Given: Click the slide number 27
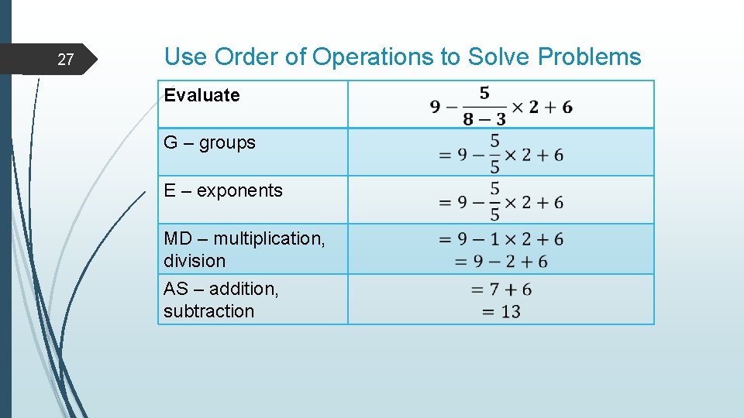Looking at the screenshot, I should point(66,60).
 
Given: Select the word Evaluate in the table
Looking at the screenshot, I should point(201,95).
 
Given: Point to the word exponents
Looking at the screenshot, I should point(239,190).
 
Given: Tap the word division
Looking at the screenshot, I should point(195,261).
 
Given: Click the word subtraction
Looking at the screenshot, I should point(208,311).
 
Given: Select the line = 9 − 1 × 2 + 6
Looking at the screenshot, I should point(501,239).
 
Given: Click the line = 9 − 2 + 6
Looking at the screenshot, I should point(501,262).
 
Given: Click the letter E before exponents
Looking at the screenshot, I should point(170,190).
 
